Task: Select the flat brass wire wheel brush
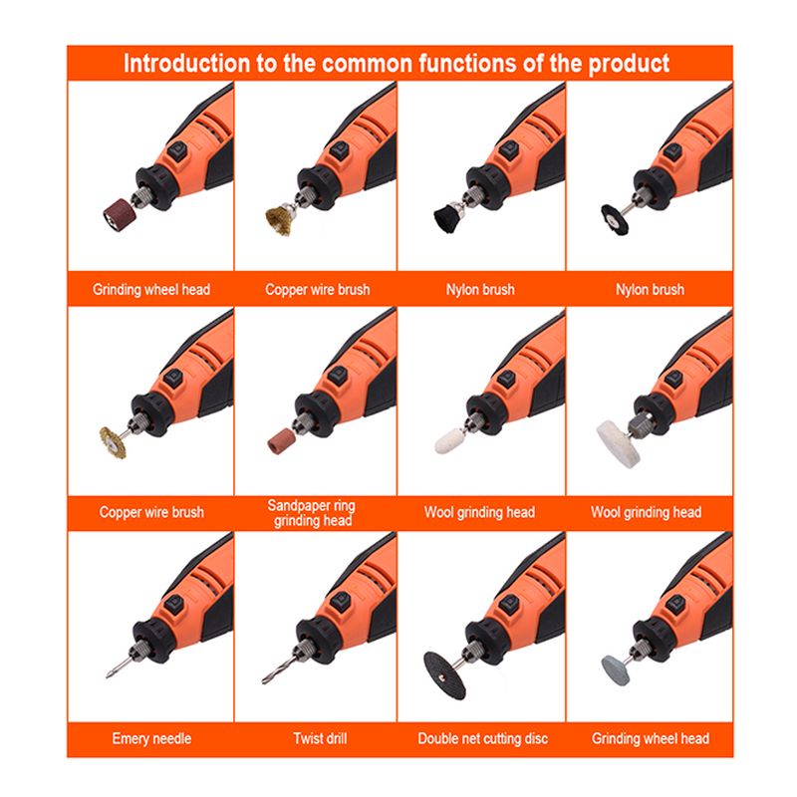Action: pyautogui.click(x=113, y=440)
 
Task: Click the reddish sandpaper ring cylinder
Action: pyautogui.click(x=281, y=440)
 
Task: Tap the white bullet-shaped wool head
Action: pyautogui.click(x=450, y=440)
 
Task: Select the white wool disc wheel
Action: pyautogui.click(x=618, y=442)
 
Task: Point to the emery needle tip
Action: pyautogui.click(x=108, y=676)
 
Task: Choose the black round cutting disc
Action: pyautogui.click(x=444, y=675)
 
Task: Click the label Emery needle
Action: pyautogui.click(x=151, y=738)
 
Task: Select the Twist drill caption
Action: pyautogui.click(x=320, y=738)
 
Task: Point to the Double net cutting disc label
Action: pyautogui.click(x=483, y=738)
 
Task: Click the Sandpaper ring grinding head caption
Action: pyautogui.click(x=312, y=513)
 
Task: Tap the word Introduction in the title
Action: pyautogui.click(x=186, y=64)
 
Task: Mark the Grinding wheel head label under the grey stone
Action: pyautogui.click(x=651, y=738)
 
